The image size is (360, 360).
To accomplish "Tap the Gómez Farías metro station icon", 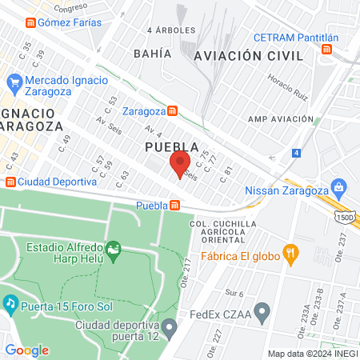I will pyautogui.click(x=30, y=22).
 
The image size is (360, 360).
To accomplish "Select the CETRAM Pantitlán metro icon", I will pyautogui.click(x=326, y=50).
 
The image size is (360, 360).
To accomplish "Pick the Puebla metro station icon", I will pyautogui.click(x=174, y=206).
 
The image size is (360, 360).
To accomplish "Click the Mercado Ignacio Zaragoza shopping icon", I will pyautogui.click(x=14, y=82).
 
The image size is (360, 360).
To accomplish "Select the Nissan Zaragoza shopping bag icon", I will pyautogui.click(x=339, y=187).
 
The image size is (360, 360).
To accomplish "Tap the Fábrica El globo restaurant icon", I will pyautogui.click(x=293, y=254).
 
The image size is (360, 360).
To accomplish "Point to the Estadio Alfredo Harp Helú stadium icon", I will pyautogui.click(x=114, y=251).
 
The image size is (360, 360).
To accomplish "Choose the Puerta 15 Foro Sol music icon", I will pyautogui.click(x=10, y=303).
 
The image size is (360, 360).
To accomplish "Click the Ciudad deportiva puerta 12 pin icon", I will pyautogui.click(x=169, y=327).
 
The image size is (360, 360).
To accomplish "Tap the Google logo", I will pyautogui.click(x=26, y=350).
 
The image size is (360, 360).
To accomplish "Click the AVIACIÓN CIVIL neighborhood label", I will pyautogui.click(x=249, y=55).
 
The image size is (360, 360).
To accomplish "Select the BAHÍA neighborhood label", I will pyautogui.click(x=154, y=54).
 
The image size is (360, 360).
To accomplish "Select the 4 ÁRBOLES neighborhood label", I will pyautogui.click(x=171, y=30).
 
